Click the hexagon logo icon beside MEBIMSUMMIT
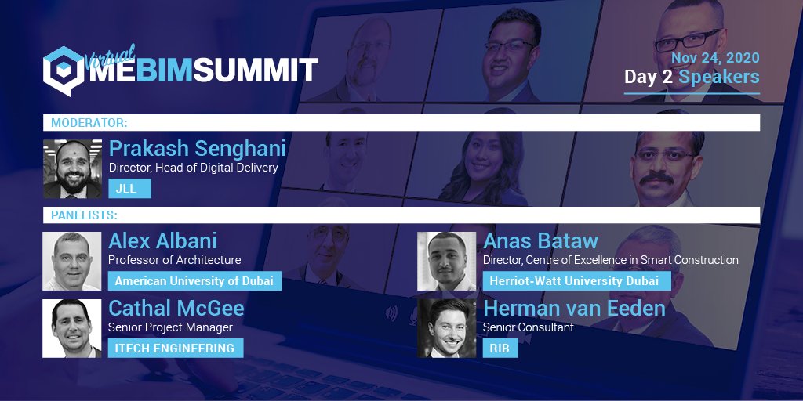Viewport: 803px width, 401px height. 63,70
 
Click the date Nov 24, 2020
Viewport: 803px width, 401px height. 714,59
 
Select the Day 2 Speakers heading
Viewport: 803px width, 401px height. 691,78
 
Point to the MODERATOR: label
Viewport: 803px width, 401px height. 89,123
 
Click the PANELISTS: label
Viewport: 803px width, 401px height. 84,215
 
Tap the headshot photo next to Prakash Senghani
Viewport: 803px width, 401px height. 72,168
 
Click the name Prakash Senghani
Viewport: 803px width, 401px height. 197,149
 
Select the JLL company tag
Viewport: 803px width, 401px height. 129,189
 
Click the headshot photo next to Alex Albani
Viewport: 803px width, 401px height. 72,261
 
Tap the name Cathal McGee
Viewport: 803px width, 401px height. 176,308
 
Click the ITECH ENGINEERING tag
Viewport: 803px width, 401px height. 175,348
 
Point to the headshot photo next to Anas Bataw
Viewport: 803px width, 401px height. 446,261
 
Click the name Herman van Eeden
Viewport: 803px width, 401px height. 574,308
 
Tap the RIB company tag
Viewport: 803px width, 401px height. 500,348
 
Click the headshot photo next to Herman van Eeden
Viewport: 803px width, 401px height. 446,328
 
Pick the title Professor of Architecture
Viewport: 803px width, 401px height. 175,260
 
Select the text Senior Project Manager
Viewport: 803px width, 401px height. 171,327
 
